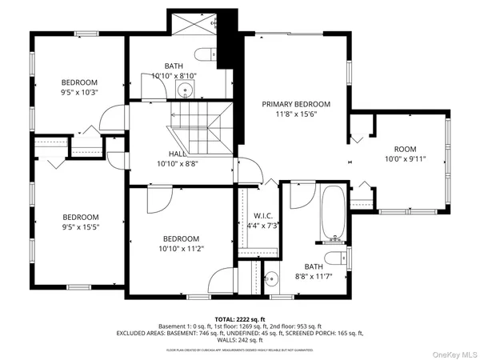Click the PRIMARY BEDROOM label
click(x=296, y=104)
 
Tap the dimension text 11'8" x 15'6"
click(x=296, y=114)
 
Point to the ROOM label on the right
click(x=405, y=149)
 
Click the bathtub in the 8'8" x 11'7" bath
click(x=332, y=212)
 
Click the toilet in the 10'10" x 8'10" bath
click(x=207, y=54)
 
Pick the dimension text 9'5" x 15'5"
click(x=80, y=227)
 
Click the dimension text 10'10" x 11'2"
click(x=180, y=249)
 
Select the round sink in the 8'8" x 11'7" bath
click(x=271, y=280)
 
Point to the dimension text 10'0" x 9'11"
click(x=405, y=159)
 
